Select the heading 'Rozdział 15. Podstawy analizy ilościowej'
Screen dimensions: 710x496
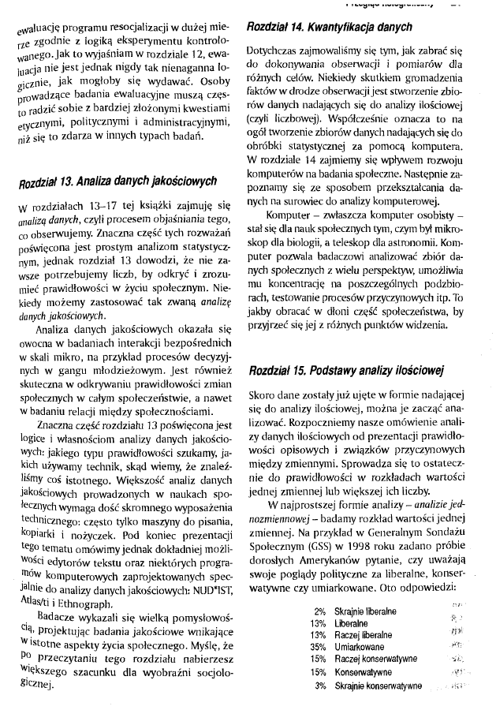click(346, 371)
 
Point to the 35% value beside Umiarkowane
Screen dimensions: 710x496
click(319, 645)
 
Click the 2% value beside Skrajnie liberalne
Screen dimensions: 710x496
click(320, 611)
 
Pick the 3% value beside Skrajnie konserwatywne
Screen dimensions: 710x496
click(320, 686)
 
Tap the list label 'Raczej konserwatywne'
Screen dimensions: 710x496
click(376, 658)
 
